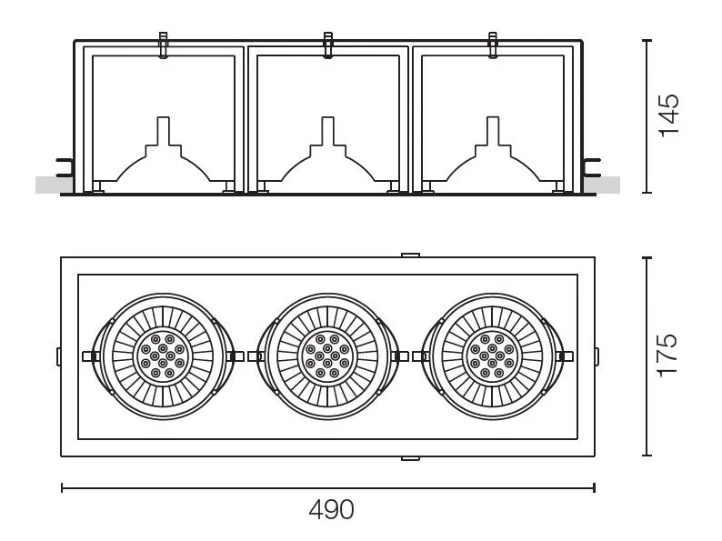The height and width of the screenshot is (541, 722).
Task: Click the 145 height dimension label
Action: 669,115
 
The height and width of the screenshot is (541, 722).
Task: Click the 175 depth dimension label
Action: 667,356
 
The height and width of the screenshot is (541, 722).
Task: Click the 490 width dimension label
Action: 332,510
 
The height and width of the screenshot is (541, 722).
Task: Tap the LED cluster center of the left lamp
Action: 163,356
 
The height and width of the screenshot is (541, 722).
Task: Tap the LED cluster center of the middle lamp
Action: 327,356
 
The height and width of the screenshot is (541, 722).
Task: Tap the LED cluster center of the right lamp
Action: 492,356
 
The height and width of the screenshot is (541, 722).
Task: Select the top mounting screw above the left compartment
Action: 163,45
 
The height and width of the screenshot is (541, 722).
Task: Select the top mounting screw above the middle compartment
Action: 328,45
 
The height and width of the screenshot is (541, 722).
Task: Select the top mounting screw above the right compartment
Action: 493,45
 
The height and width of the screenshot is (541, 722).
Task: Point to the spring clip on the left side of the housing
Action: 65,167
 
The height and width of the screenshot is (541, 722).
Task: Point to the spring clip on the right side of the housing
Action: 591,167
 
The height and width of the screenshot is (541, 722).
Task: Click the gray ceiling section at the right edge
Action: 602,185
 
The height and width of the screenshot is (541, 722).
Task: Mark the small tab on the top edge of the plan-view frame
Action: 410,255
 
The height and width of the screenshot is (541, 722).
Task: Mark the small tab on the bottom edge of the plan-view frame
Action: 410,458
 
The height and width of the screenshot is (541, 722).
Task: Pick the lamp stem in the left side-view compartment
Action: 163,131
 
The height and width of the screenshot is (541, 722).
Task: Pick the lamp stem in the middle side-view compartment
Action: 328,131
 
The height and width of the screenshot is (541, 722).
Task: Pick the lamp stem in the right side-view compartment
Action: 493,131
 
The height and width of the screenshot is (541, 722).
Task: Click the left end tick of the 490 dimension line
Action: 62,487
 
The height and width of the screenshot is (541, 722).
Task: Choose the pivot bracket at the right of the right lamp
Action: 565,356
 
